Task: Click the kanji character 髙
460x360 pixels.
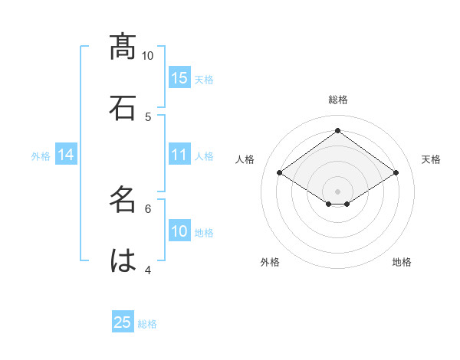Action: point(123,47)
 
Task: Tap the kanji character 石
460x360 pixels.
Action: point(123,108)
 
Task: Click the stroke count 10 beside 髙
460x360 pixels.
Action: point(148,55)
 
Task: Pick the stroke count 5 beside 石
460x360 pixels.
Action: point(148,116)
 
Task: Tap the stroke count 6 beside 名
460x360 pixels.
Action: point(148,208)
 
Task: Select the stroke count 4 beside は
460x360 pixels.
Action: point(148,269)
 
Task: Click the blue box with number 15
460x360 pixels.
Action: point(179,78)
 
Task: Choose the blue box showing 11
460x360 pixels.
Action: point(179,155)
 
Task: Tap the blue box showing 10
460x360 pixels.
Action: point(179,231)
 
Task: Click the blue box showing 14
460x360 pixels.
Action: point(66,155)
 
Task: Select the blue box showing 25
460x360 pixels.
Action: point(123,322)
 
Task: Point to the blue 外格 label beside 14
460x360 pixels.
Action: point(41,155)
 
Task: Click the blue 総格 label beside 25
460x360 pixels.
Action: point(147,324)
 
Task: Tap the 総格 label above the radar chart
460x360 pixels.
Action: point(337,100)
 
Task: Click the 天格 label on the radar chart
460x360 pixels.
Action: point(431,159)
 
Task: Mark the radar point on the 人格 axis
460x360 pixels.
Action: point(279,173)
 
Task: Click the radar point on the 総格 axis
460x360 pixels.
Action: point(337,131)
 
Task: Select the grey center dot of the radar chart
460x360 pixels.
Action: point(337,191)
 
